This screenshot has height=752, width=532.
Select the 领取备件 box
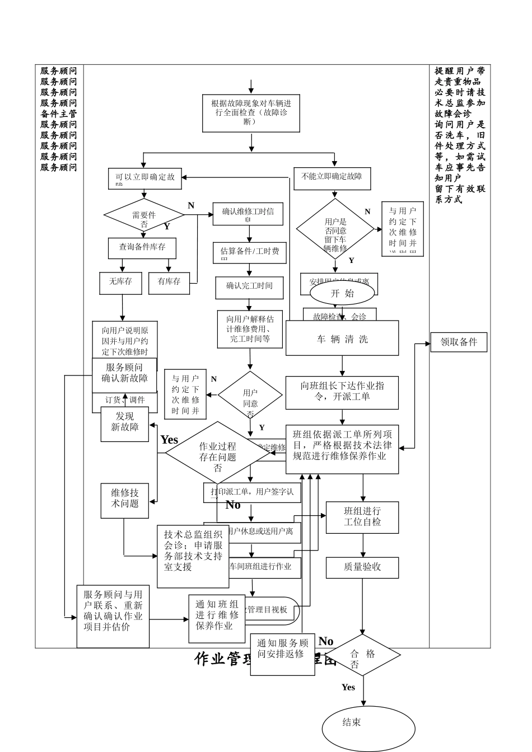[x=458, y=342]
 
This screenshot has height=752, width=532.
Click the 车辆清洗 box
[x=342, y=339]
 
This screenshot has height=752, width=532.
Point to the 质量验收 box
[x=362, y=567]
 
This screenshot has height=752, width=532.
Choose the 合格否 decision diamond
[x=362, y=655]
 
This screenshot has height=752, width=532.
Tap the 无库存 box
[x=121, y=282]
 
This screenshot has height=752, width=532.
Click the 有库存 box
[x=169, y=282]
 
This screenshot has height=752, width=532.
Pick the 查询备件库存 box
[x=142, y=247]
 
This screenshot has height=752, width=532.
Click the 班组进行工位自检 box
[x=362, y=517]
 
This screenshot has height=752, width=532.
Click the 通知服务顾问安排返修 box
[x=282, y=654]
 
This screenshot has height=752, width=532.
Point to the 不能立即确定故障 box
[x=332, y=177]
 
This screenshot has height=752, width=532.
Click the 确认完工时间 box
[x=250, y=286]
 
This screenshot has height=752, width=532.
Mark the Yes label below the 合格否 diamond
[x=348, y=687]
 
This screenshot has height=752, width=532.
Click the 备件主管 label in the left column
[x=59, y=114]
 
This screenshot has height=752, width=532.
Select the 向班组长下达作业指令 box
[x=342, y=392]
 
